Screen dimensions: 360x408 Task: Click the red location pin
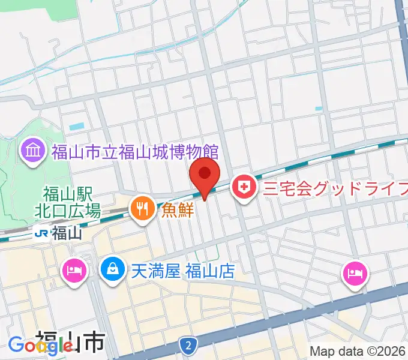[x=205, y=176]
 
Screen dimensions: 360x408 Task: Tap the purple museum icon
[x=32, y=151]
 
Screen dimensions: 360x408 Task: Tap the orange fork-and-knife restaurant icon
[x=142, y=209]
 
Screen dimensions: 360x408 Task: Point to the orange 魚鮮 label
[x=176, y=210]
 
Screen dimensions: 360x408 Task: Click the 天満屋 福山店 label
[x=182, y=271]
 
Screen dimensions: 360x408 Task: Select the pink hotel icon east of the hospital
[x=354, y=274]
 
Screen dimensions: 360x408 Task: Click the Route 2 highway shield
[x=188, y=344]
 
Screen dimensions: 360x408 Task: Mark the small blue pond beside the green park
[x=77, y=127]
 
